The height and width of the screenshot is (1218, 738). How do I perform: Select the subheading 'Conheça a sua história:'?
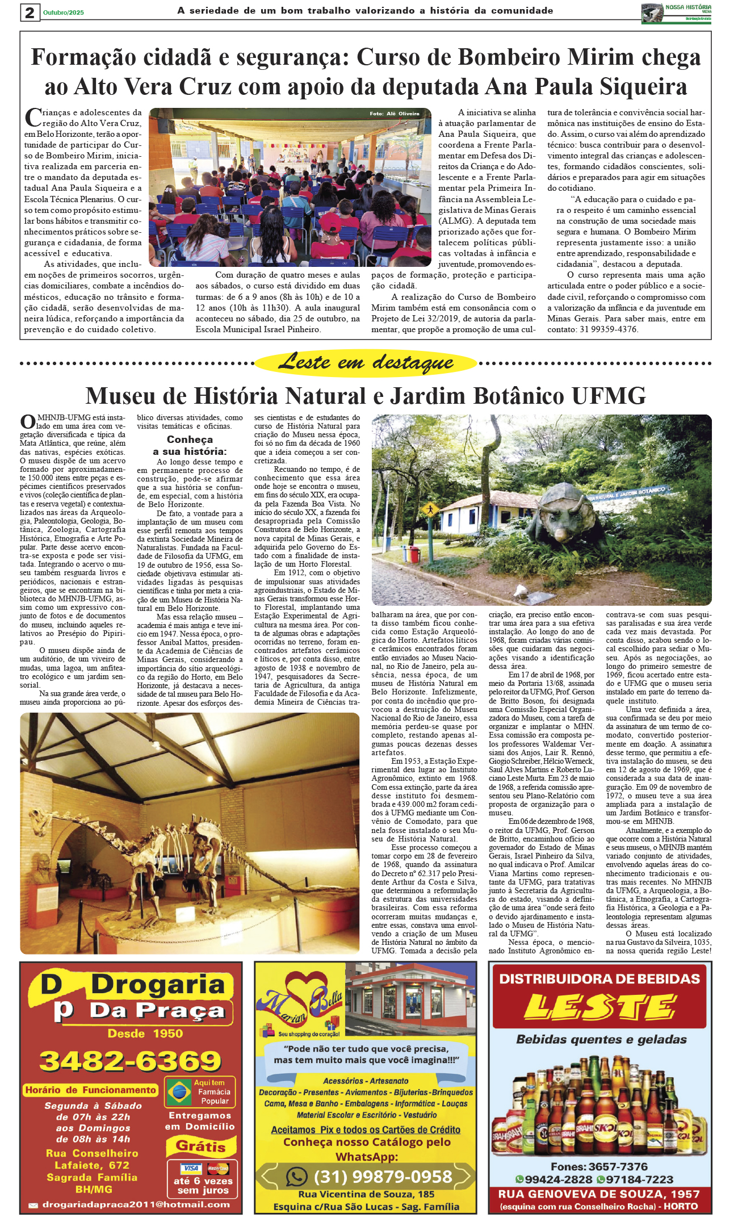(190, 445)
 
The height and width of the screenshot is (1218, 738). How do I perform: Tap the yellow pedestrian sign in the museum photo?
(430, 509)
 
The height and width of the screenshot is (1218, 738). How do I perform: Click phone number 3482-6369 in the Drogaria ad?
(131, 1061)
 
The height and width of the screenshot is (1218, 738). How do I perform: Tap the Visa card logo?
(190, 1168)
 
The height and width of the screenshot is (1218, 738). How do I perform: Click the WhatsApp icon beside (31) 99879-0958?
(296, 1176)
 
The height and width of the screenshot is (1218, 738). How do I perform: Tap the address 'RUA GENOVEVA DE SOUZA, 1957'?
(599, 1194)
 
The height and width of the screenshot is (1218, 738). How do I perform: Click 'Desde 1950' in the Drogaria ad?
(145, 1033)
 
